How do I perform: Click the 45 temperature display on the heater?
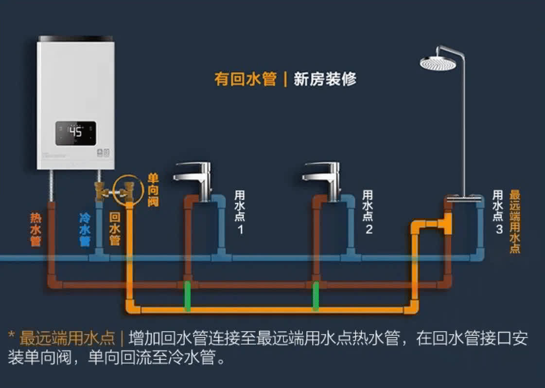[x=75, y=132]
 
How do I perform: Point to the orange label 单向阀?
[x=153, y=190]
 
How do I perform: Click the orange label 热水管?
[x=35, y=229]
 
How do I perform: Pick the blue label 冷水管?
[x=85, y=229]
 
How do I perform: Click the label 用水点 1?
[x=240, y=212]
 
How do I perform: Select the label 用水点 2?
[x=369, y=212]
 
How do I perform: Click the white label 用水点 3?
[x=498, y=212]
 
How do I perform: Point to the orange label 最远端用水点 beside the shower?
[x=515, y=222]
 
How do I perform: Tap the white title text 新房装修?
[x=325, y=79]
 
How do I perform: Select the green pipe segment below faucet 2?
[x=316, y=296]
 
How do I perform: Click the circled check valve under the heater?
[x=128, y=190]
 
